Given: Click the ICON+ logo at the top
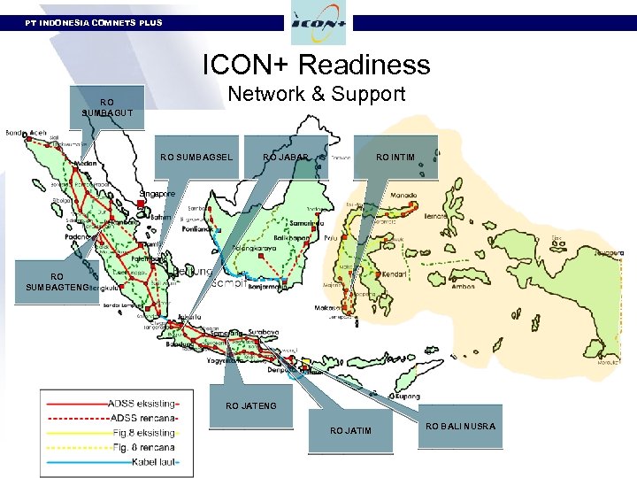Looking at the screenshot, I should [318, 23].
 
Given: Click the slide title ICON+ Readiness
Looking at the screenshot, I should [316, 65].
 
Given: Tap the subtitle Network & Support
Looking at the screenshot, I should [316, 93].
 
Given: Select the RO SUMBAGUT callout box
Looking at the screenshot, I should [106, 107].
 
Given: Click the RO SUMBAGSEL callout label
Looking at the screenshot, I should [196, 158].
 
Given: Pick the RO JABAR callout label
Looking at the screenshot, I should [285, 158].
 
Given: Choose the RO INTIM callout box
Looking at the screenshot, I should [395, 158].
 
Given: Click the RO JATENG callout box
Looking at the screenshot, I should [251, 406].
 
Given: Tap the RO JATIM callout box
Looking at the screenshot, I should [350, 430].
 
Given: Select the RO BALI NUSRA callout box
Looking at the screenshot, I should [460, 427].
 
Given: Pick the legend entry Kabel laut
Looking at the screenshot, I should [145, 461].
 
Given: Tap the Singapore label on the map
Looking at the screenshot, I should [158, 193].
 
